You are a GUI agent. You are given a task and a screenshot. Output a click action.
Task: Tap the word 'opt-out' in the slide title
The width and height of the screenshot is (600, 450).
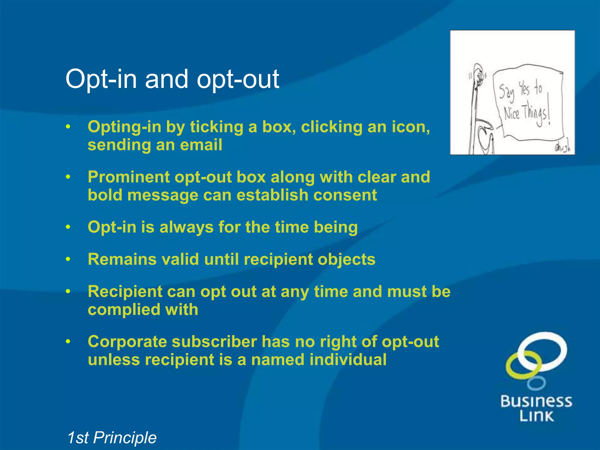pyautogui.click(x=238, y=79)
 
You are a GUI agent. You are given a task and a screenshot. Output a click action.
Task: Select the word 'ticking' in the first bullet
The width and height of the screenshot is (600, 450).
pyautogui.click(x=217, y=127)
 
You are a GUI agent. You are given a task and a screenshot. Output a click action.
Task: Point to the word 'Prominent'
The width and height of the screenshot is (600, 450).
pyautogui.click(x=129, y=177)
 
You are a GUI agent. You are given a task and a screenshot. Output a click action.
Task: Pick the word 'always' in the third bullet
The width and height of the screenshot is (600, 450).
pyautogui.click(x=186, y=227)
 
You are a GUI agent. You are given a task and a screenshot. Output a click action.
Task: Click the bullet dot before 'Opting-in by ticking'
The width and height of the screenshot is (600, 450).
pyautogui.click(x=68, y=127)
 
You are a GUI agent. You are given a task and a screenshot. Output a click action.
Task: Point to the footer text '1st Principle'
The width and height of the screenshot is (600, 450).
pyautogui.click(x=112, y=438)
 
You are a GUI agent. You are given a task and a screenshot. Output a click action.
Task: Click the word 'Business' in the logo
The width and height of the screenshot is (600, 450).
pyautogui.click(x=536, y=401)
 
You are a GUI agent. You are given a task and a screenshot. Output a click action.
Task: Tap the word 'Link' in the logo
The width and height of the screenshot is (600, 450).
pyautogui.click(x=536, y=416)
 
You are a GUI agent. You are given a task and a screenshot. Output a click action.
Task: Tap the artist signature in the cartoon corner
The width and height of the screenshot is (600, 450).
pyautogui.click(x=562, y=148)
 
